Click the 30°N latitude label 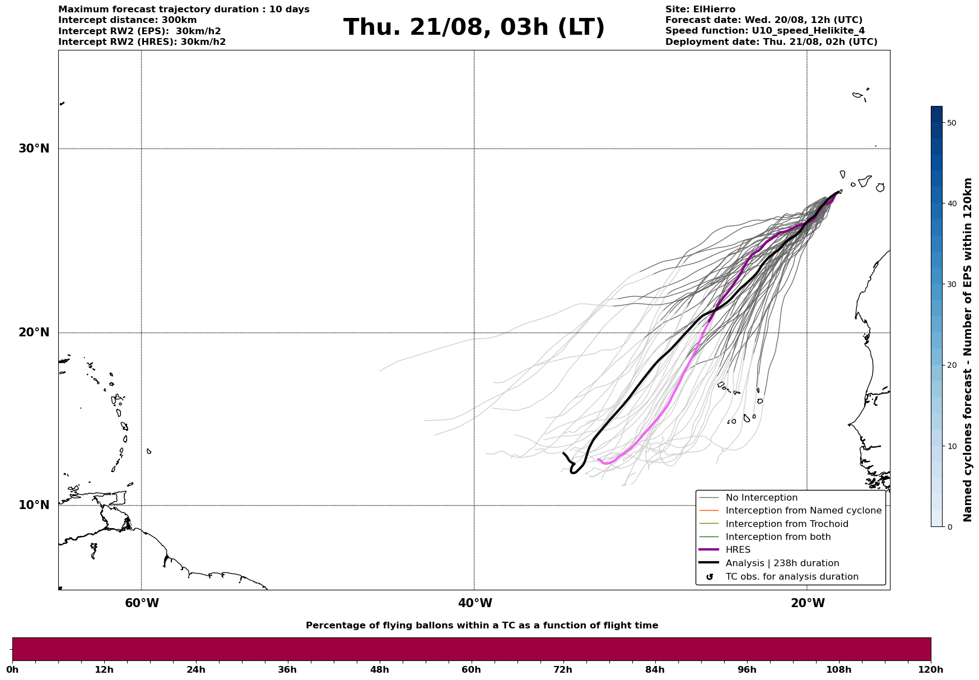34,149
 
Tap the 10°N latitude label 34,505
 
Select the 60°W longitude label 142,603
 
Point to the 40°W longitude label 475,603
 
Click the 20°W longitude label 808,603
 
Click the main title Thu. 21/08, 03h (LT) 474,27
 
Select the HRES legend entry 738,550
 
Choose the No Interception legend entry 761,498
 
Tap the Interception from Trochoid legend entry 786,524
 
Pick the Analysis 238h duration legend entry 782,563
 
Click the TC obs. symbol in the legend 710,577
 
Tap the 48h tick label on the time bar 379,670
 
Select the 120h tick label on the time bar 930,670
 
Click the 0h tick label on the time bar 12,670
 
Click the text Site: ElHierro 700,10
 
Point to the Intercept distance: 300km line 127,20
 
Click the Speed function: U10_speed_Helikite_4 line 764,31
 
